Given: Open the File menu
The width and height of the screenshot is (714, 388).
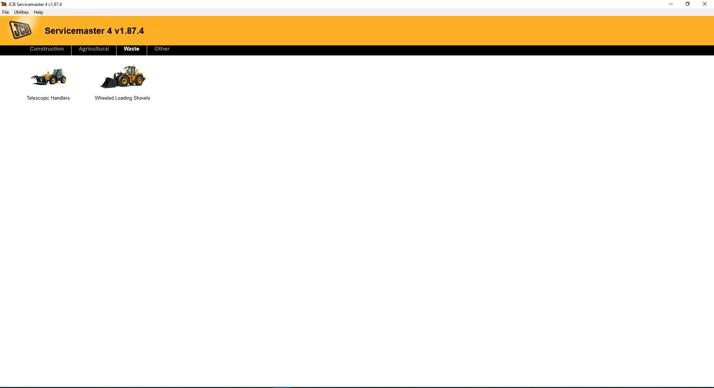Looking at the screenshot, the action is click(6, 12).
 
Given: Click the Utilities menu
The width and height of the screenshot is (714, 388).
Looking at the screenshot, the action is click(21, 12).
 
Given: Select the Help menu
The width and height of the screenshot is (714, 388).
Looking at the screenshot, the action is click(38, 12).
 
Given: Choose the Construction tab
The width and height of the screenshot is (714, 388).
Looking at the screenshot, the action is click(47, 49).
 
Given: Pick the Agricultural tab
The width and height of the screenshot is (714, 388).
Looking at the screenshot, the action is click(94, 49).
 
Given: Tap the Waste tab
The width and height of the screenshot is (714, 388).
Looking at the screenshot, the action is click(131, 49).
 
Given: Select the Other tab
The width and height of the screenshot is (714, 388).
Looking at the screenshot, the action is click(162, 49).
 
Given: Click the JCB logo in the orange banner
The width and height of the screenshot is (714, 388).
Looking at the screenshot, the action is click(20, 30).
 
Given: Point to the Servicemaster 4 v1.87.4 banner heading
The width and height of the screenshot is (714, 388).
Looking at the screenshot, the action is click(94, 31).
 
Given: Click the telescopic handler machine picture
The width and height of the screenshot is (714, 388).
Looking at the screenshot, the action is click(48, 77).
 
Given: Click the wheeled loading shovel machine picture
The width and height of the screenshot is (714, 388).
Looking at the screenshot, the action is click(123, 77).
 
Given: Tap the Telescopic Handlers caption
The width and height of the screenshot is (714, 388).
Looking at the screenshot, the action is click(48, 98).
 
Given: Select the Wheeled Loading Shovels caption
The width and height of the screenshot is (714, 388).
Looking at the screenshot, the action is click(122, 98).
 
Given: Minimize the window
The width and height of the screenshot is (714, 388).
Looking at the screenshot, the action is click(671, 4).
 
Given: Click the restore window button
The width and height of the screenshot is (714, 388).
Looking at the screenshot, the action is click(688, 4).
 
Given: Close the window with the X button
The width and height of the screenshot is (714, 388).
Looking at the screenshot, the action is click(704, 4).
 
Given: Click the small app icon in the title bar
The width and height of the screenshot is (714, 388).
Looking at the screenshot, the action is click(4, 4).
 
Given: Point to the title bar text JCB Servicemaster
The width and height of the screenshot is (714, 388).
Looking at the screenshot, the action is click(35, 4).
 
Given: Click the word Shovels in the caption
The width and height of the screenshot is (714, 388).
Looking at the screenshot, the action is click(142, 98).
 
